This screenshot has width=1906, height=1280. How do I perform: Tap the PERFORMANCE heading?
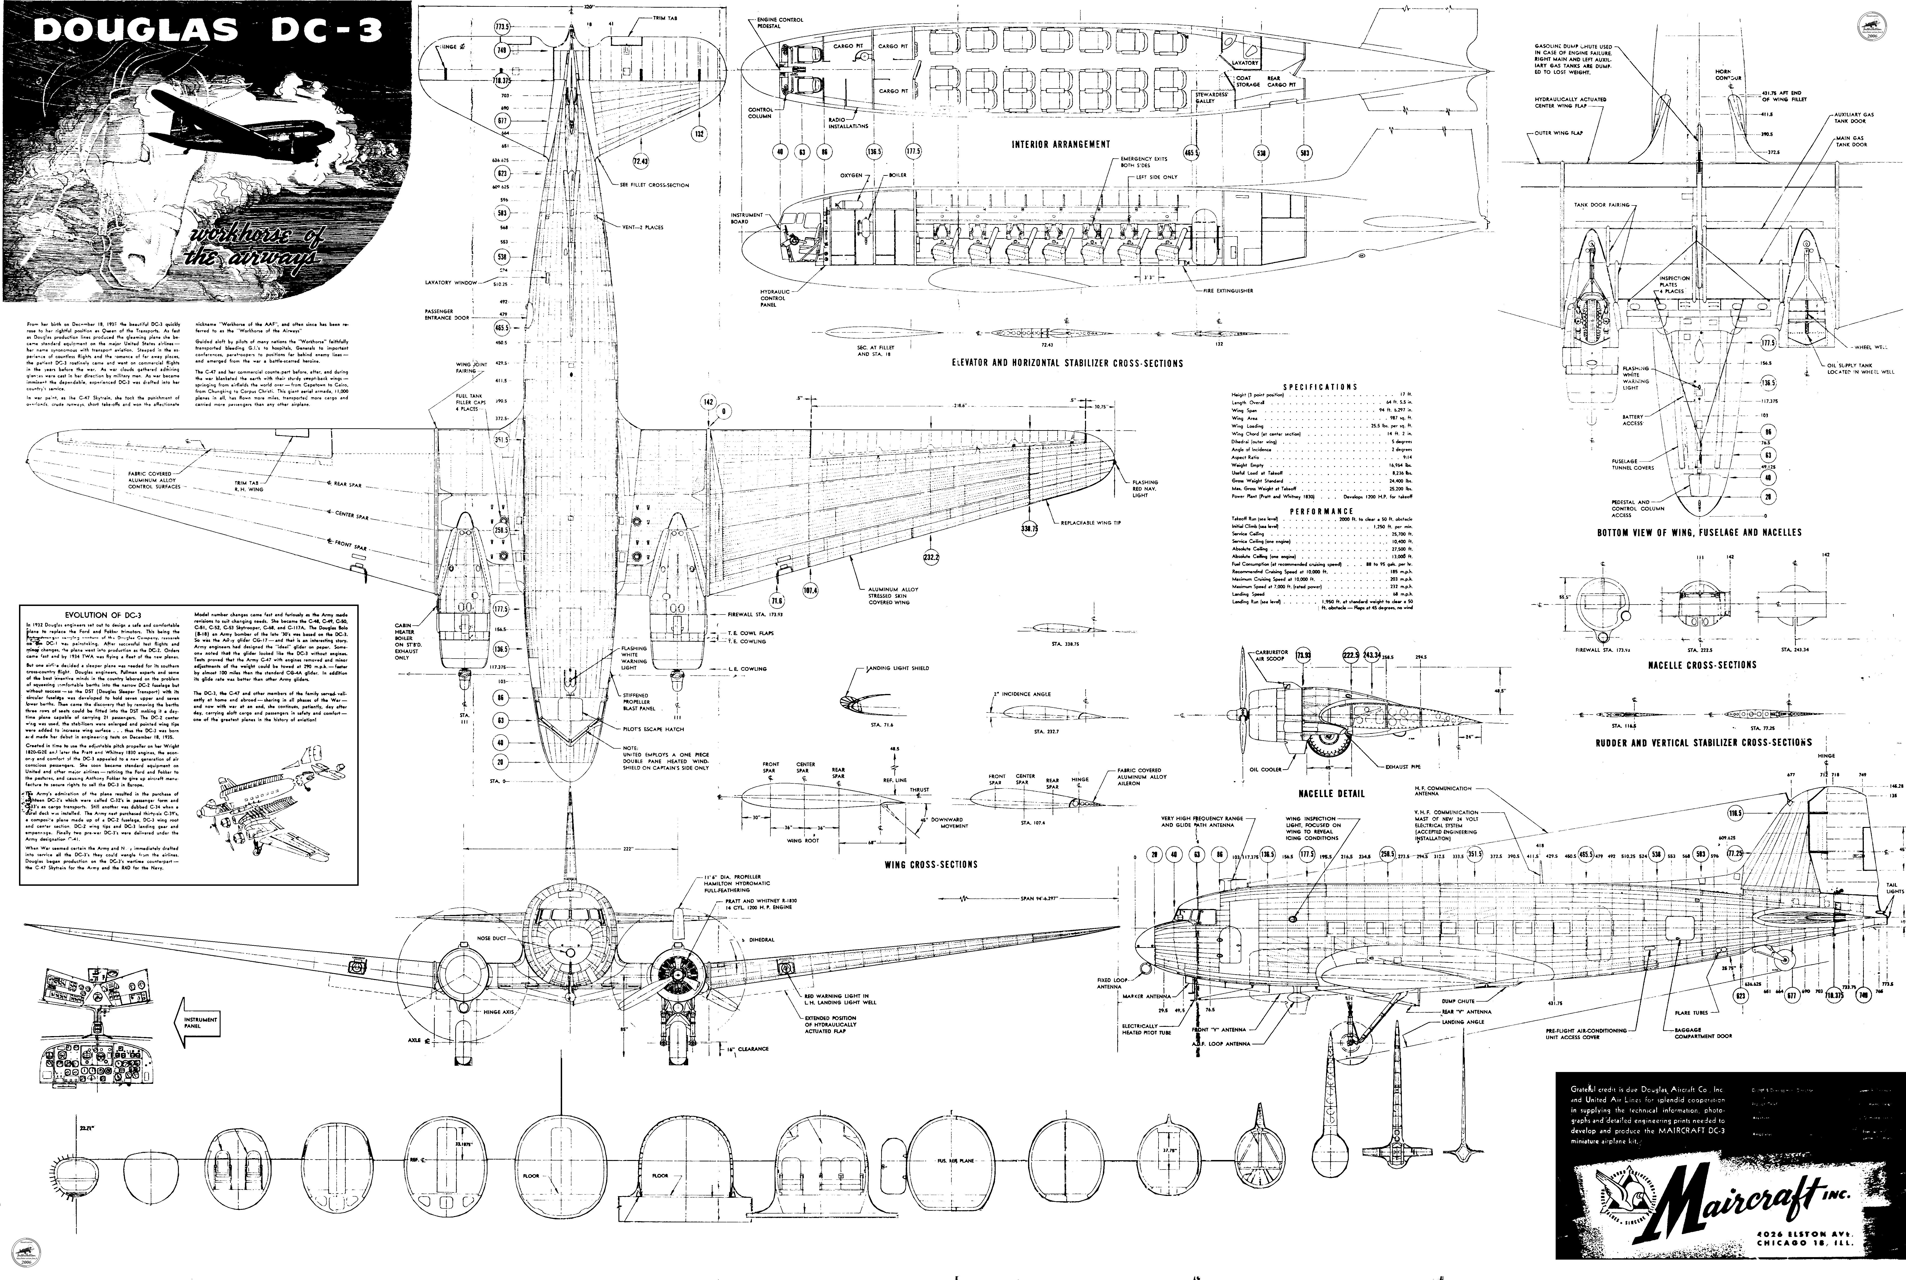pyautogui.click(x=1321, y=511)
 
